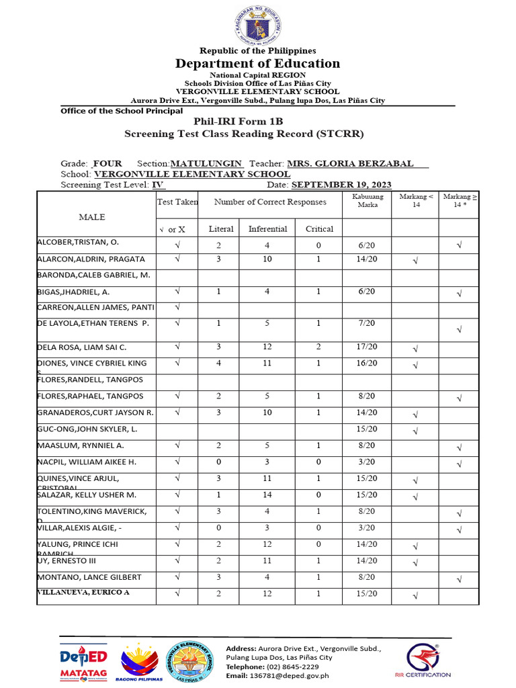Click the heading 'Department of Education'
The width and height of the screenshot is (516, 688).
258,64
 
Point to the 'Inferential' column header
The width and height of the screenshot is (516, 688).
267,229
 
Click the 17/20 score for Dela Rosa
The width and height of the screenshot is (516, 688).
368,347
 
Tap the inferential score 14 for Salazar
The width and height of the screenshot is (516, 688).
267,495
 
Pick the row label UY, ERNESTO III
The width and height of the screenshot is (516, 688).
68,561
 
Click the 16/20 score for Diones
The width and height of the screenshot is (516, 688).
368,363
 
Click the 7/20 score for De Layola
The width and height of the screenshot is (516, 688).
368,323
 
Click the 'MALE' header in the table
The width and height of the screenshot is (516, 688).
92,218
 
